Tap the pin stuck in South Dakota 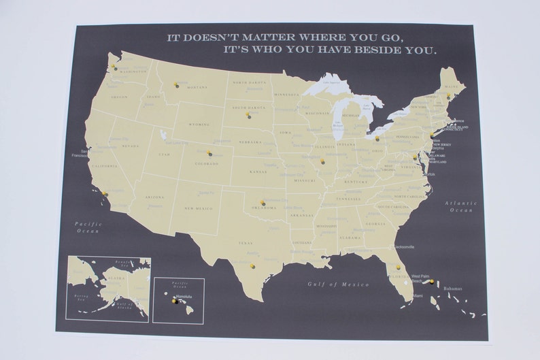tap(248, 114)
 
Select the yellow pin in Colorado tap(209, 152)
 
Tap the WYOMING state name tap(197, 125)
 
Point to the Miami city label tap(416, 296)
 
